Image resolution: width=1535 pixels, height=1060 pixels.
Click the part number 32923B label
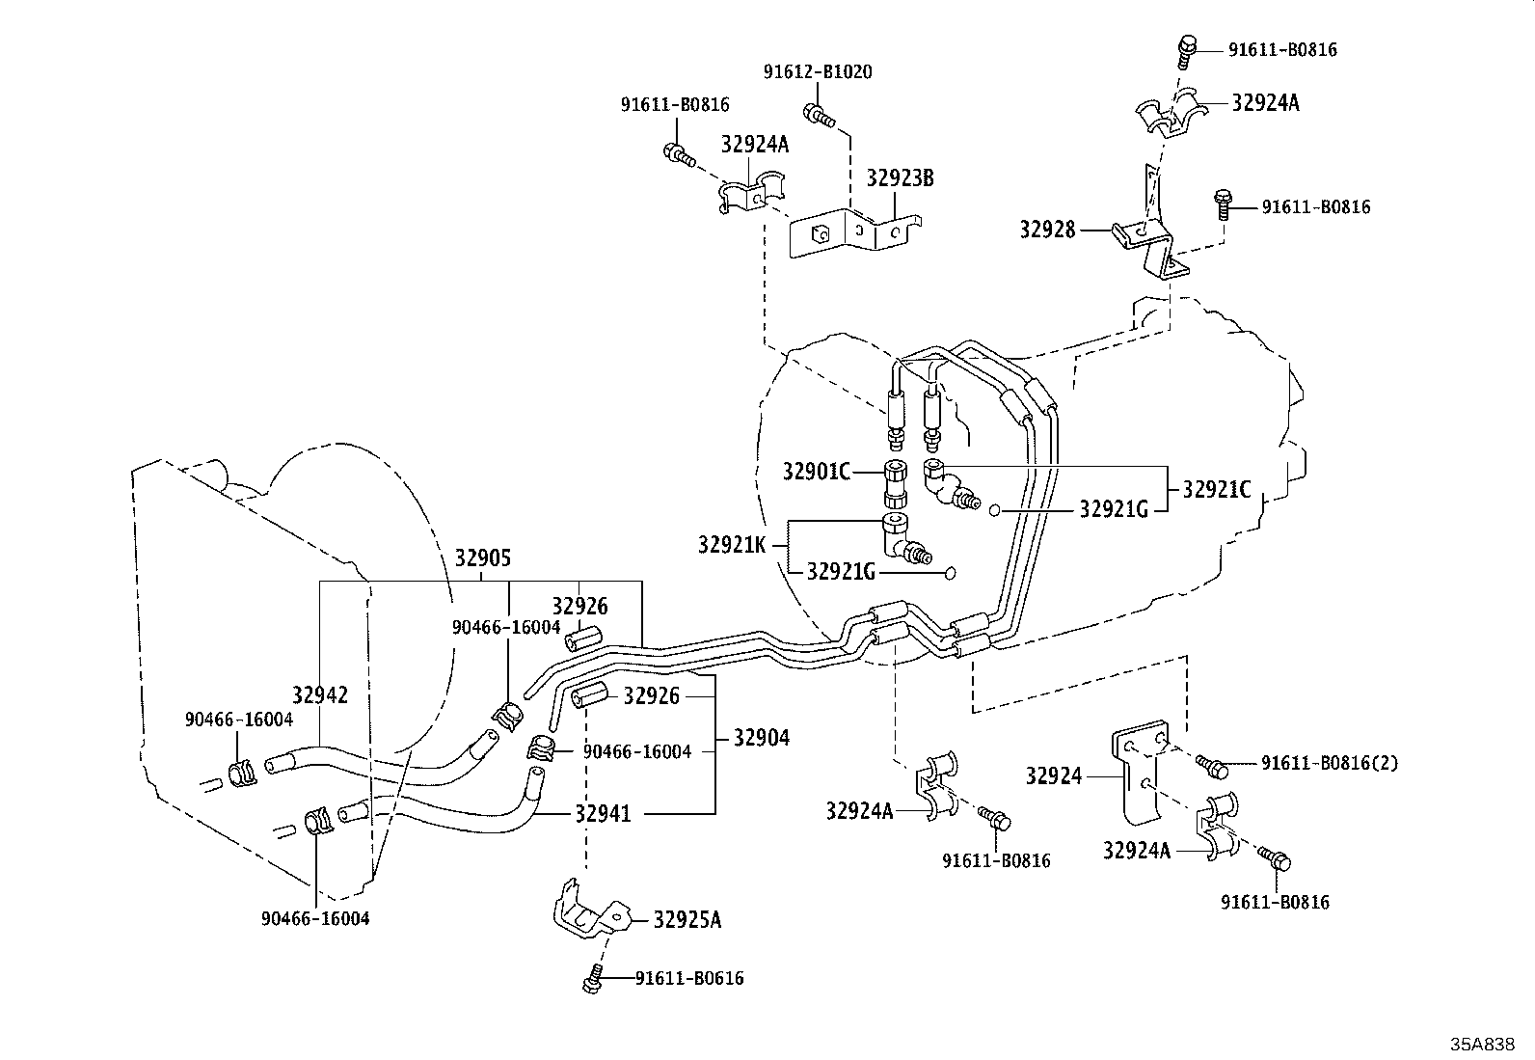coord(900,178)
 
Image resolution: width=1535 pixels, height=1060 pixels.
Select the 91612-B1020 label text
coord(817,72)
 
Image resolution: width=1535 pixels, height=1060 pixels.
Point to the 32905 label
coord(482,558)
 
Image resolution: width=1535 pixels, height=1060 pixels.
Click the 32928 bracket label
coord(1047,230)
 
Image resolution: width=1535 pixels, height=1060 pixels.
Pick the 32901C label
coord(817,472)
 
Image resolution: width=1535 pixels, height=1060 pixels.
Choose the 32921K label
coord(731,545)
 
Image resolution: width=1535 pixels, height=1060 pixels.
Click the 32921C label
coord(1216,490)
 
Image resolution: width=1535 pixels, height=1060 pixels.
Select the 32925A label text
coord(687,919)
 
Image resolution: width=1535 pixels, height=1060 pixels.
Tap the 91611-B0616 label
coord(689,979)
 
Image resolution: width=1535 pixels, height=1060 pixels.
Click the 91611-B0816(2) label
coord(1329,763)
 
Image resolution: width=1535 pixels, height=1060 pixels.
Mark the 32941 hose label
coord(603,814)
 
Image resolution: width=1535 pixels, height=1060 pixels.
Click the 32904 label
coord(761,738)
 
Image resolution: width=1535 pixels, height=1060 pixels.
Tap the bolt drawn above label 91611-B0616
coord(592,979)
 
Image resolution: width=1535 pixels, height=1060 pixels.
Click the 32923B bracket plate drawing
coord(848,233)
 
